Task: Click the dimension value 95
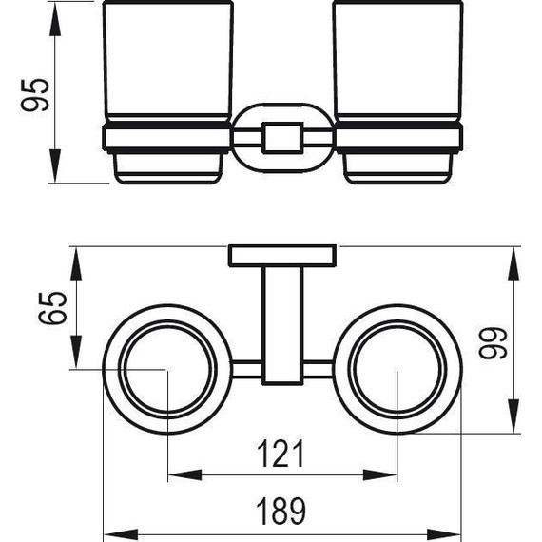tap(35, 95)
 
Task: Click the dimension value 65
tap(52, 308)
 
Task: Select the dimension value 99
tap(494, 342)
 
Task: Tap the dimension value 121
tap(281, 454)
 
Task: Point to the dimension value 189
tap(281, 512)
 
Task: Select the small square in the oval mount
tap(282, 138)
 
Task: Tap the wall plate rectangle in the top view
tap(282, 256)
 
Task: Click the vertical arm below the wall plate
tap(282, 325)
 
